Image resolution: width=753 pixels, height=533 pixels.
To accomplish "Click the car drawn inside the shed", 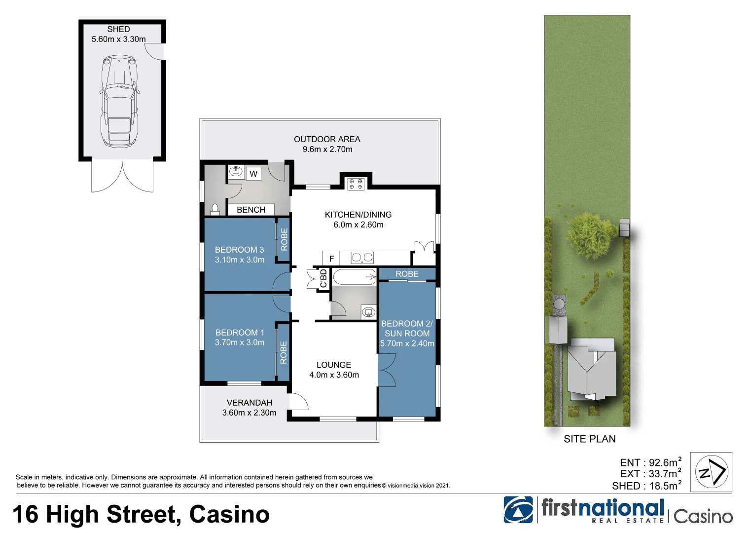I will point(119,101).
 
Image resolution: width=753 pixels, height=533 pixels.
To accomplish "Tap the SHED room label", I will point(119,30).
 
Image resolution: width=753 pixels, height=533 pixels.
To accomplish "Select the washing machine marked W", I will point(253,174).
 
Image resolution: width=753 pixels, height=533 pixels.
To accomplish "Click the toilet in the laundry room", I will point(215,210).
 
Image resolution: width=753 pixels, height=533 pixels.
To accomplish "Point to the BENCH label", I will point(251,210).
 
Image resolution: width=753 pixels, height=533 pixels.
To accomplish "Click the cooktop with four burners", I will point(356,184).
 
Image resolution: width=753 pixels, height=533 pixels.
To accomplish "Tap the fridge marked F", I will point(331,258).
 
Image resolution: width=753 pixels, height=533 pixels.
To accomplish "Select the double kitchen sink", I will point(362,258).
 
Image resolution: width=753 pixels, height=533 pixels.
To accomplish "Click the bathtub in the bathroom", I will point(354,277).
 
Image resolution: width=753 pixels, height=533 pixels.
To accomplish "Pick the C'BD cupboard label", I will point(323,278).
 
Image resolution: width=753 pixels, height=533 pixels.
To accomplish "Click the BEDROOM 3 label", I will point(239,250).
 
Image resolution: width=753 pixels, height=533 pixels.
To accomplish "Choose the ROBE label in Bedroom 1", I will point(283,352).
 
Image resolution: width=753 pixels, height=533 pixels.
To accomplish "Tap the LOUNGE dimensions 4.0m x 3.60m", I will point(334,375).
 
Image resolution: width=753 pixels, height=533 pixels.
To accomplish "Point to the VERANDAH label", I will point(249,403).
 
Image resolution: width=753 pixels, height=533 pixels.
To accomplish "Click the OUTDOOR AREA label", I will point(327,139).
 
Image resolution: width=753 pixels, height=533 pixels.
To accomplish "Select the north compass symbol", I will point(711,472).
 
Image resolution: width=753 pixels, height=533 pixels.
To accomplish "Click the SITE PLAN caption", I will point(589,439).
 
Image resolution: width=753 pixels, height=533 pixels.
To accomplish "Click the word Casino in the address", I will point(229,514).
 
